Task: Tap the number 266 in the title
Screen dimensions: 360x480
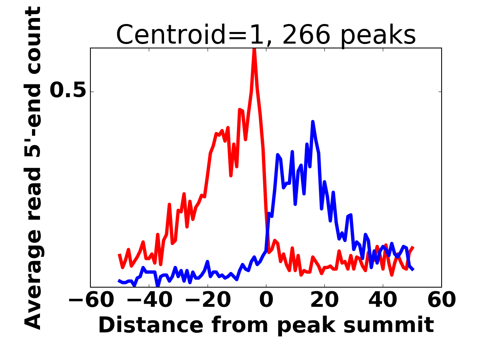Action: [x=306, y=35]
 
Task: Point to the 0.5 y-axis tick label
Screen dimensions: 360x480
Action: [x=68, y=91]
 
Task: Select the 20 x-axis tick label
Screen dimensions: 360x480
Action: [x=324, y=300]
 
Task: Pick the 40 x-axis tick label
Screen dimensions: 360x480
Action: [x=383, y=300]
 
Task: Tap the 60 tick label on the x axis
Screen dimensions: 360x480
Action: [x=441, y=300]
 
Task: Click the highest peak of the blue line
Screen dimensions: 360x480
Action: [x=312, y=122]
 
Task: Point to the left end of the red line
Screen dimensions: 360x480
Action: [x=119, y=254]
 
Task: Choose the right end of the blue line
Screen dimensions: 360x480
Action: [x=413, y=270]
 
